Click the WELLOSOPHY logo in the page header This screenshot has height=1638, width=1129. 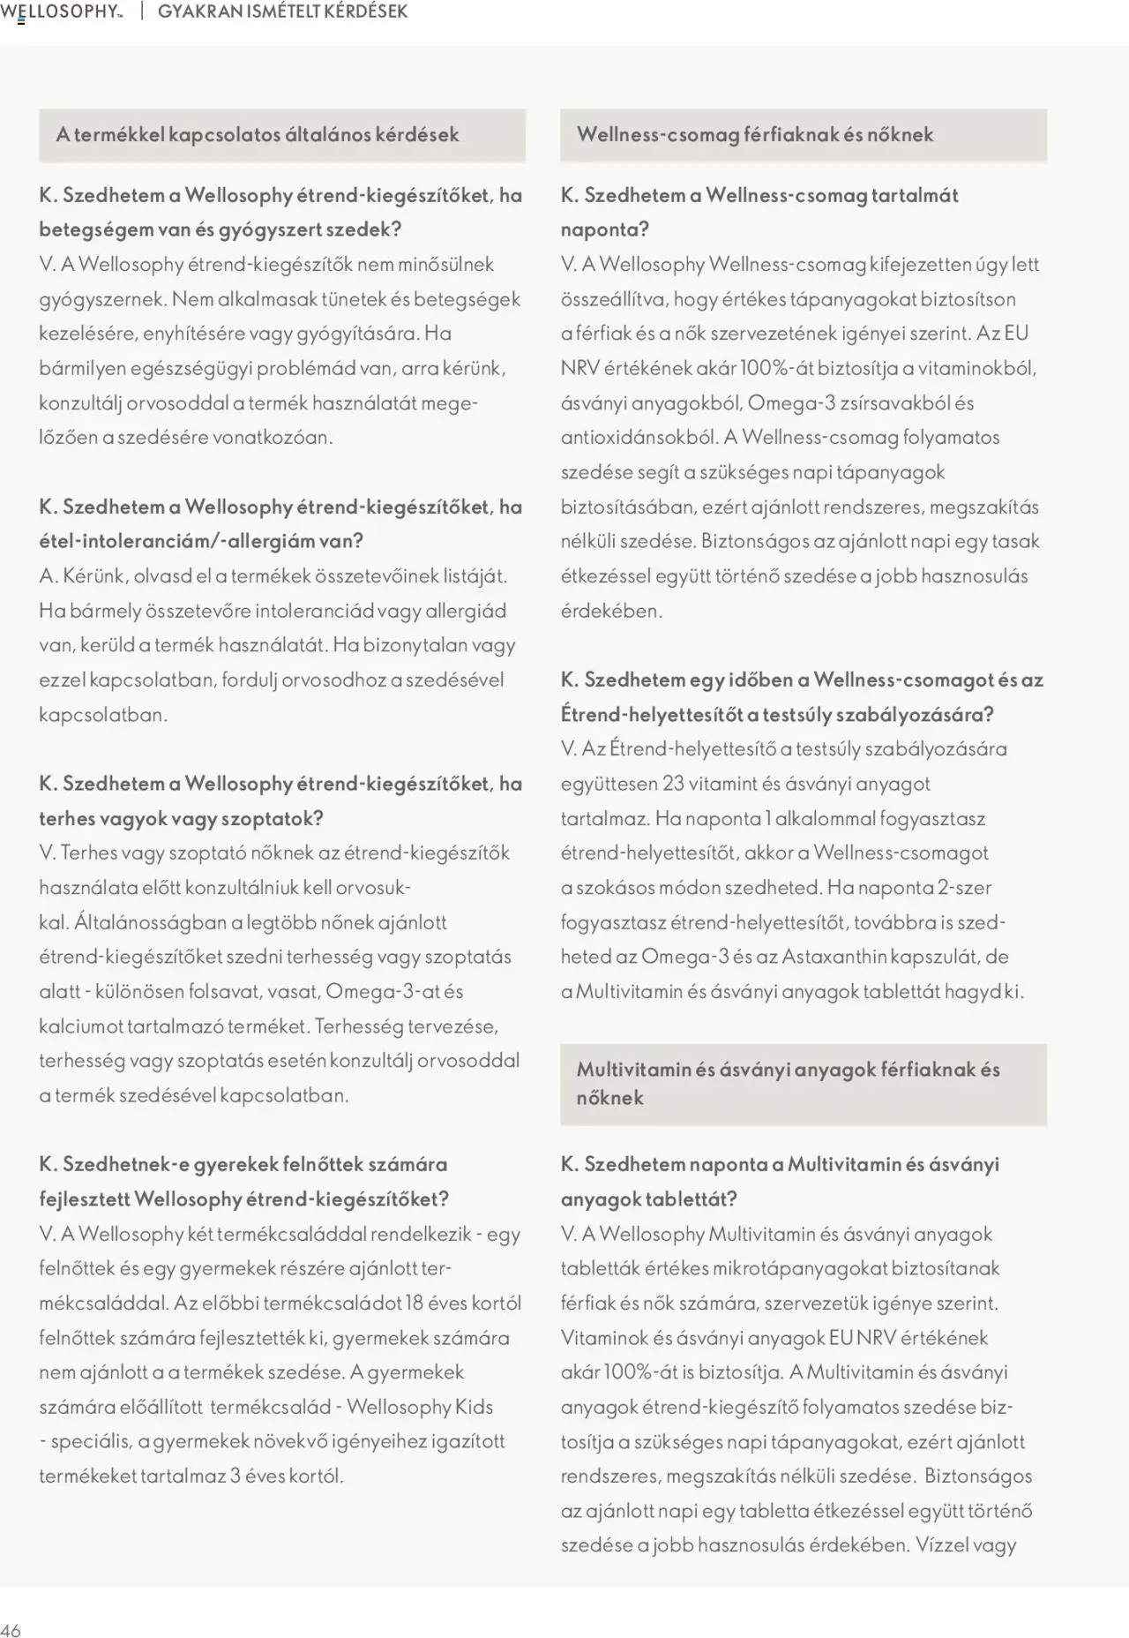(60, 11)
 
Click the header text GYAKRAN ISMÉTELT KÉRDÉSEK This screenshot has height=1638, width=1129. (282, 11)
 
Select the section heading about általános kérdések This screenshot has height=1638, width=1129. (258, 135)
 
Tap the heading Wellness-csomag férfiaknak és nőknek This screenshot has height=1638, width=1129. (754, 135)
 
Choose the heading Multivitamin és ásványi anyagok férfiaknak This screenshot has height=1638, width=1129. (788, 1070)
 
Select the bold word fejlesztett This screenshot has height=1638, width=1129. (84, 1199)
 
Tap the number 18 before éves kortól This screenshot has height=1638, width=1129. (415, 1303)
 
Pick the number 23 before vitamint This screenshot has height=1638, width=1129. (673, 784)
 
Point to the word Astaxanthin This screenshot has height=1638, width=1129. (834, 957)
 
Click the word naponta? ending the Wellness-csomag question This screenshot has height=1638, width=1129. (604, 229)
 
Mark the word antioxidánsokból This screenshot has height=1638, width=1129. (639, 438)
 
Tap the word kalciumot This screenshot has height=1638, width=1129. (80, 1026)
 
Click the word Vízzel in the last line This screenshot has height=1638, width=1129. (942, 1545)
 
